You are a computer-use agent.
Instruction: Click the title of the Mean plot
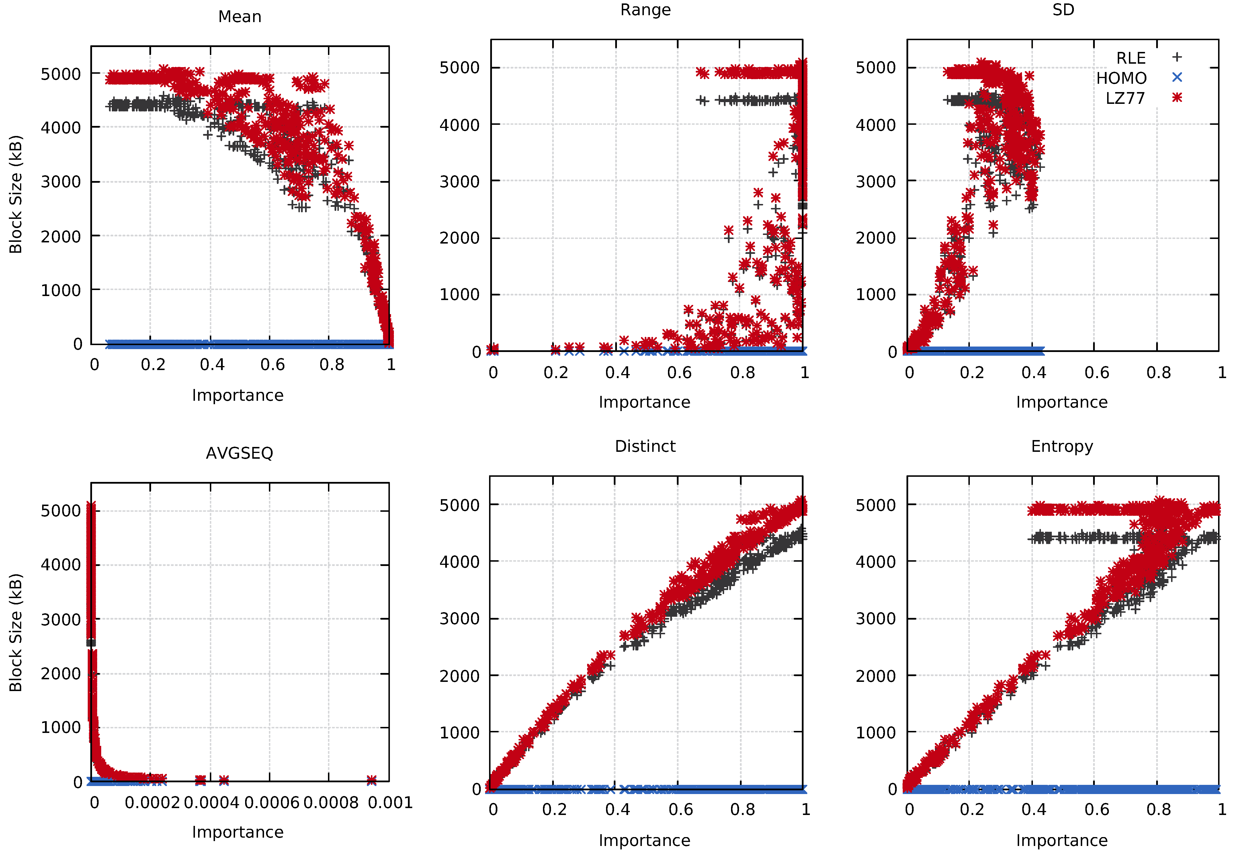(240, 17)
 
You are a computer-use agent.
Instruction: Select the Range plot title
(645, 10)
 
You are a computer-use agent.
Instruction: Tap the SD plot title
(1063, 10)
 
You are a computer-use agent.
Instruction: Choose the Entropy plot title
(1062, 446)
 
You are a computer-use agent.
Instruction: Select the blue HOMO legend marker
(1177, 77)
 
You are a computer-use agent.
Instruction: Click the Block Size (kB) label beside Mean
(15, 194)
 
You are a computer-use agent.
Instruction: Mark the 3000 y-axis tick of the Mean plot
(60, 182)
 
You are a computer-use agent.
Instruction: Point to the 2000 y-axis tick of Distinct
(459, 676)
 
